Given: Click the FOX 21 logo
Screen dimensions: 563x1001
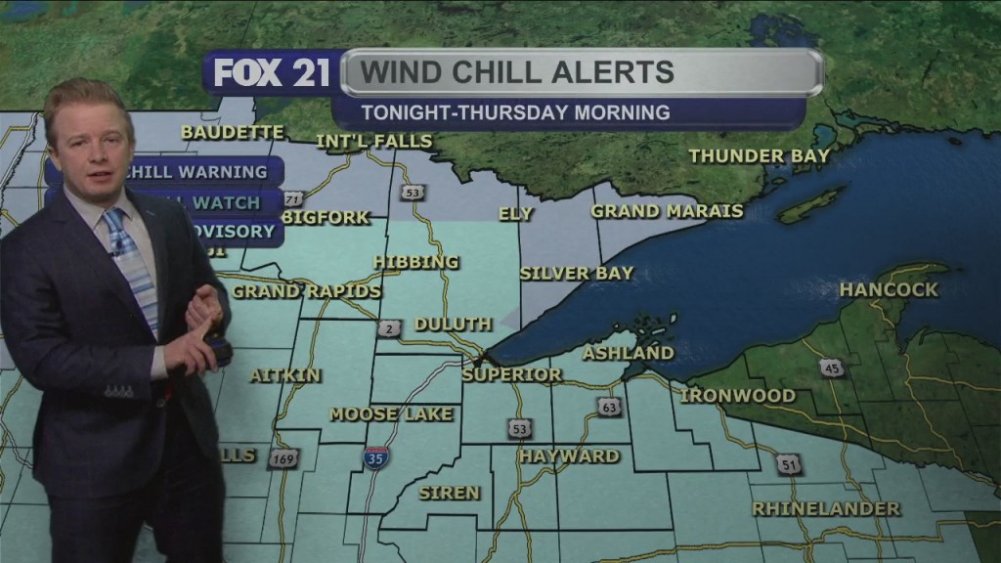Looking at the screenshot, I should click(x=272, y=73).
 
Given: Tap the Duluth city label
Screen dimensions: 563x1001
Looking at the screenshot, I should click(x=453, y=325).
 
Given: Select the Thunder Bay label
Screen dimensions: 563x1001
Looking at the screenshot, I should click(x=759, y=155).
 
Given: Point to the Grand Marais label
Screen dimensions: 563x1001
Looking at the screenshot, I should click(x=667, y=211).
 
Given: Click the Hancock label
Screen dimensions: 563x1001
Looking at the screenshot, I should click(x=888, y=289).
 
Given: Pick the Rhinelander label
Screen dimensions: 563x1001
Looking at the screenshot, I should click(x=826, y=509).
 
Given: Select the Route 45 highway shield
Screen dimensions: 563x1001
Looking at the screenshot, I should click(x=831, y=368).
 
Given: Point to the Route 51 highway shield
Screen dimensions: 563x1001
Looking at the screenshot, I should click(x=789, y=464).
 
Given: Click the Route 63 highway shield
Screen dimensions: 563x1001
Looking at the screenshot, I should click(x=609, y=407).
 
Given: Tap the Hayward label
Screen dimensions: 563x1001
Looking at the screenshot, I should click(x=569, y=455).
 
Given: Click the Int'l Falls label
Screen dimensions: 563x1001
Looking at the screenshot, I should click(x=373, y=142).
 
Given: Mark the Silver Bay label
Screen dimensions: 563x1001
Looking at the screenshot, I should click(x=577, y=274).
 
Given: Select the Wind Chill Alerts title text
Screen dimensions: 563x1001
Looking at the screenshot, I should click(x=517, y=72).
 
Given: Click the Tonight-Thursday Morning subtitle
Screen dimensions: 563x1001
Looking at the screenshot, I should click(x=515, y=112).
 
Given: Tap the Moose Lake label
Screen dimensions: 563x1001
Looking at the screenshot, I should click(x=391, y=414).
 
